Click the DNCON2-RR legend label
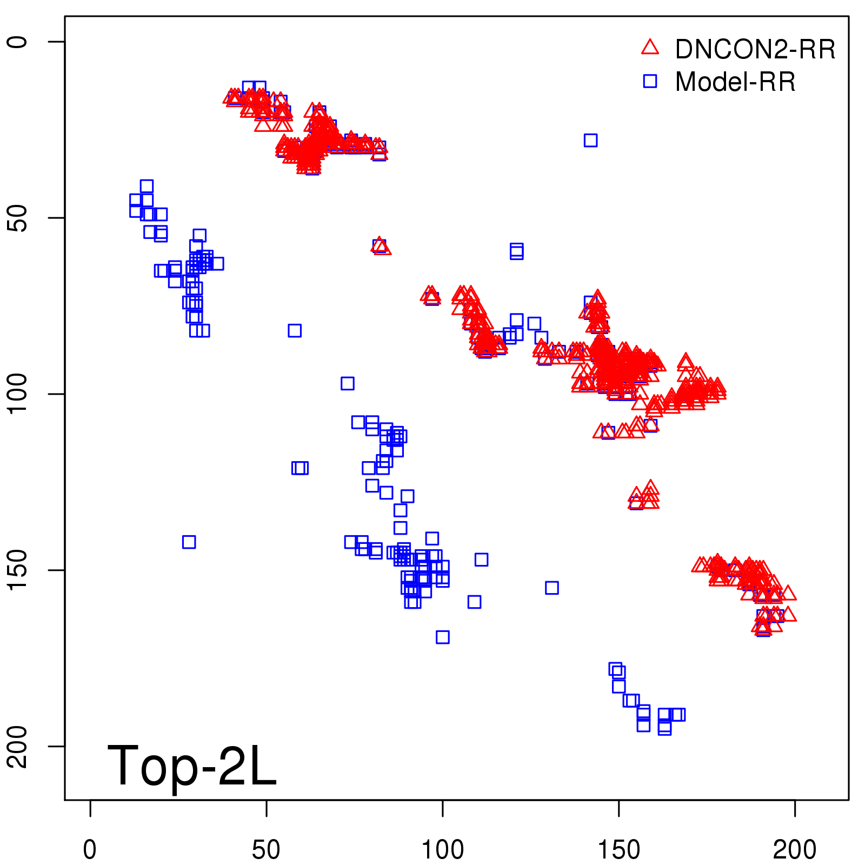pyautogui.click(x=755, y=50)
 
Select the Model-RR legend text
pyautogui.click(x=735, y=82)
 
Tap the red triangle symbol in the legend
pyautogui.click(x=650, y=48)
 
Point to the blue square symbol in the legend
pyautogui.click(x=650, y=81)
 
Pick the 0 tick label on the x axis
pyautogui.click(x=90, y=850)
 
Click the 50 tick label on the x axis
pyautogui.click(x=266, y=850)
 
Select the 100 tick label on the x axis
pyautogui.click(x=442, y=850)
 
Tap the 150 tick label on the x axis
pyautogui.click(x=618, y=850)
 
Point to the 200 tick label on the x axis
pyautogui.click(x=795, y=850)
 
